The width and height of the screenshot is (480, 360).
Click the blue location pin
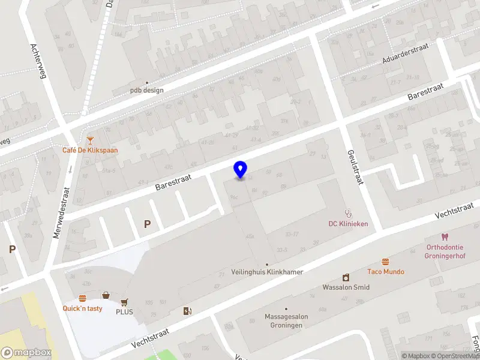click(x=240, y=170)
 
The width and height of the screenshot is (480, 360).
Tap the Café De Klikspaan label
click(x=90, y=150)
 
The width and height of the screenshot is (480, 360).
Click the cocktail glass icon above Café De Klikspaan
click(x=90, y=140)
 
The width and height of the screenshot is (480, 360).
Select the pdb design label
click(x=147, y=91)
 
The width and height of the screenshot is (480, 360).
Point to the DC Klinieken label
click(x=348, y=224)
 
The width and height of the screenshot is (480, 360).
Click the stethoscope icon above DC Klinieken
click(x=347, y=212)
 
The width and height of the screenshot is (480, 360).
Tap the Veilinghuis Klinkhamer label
click(x=267, y=272)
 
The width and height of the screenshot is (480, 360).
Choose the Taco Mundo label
click(x=385, y=272)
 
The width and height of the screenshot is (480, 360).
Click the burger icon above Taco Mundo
click(x=385, y=262)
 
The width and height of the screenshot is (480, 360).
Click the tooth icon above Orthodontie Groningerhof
click(x=445, y=237)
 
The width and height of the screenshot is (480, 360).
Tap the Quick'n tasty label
click(x=82, y=308)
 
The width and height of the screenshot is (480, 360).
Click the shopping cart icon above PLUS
click(x=125, y=302)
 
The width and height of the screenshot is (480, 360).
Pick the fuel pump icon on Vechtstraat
click(x=187, y=310)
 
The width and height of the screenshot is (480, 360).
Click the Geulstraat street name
click(x=355, y=167)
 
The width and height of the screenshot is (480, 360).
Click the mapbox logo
click(x=25, y=353)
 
